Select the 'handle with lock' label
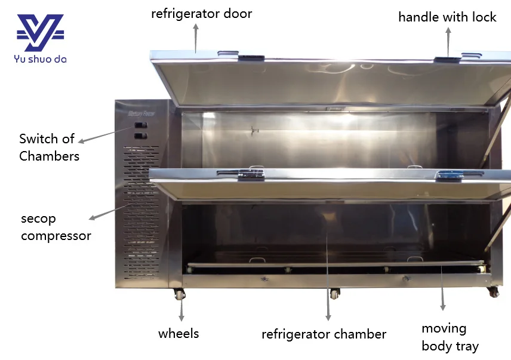447,17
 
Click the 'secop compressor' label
56,227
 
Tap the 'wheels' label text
178,333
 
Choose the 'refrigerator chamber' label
324,334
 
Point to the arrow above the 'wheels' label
181,310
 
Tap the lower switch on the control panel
140,136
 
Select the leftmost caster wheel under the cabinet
178,294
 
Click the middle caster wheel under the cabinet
334,294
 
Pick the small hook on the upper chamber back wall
255,130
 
